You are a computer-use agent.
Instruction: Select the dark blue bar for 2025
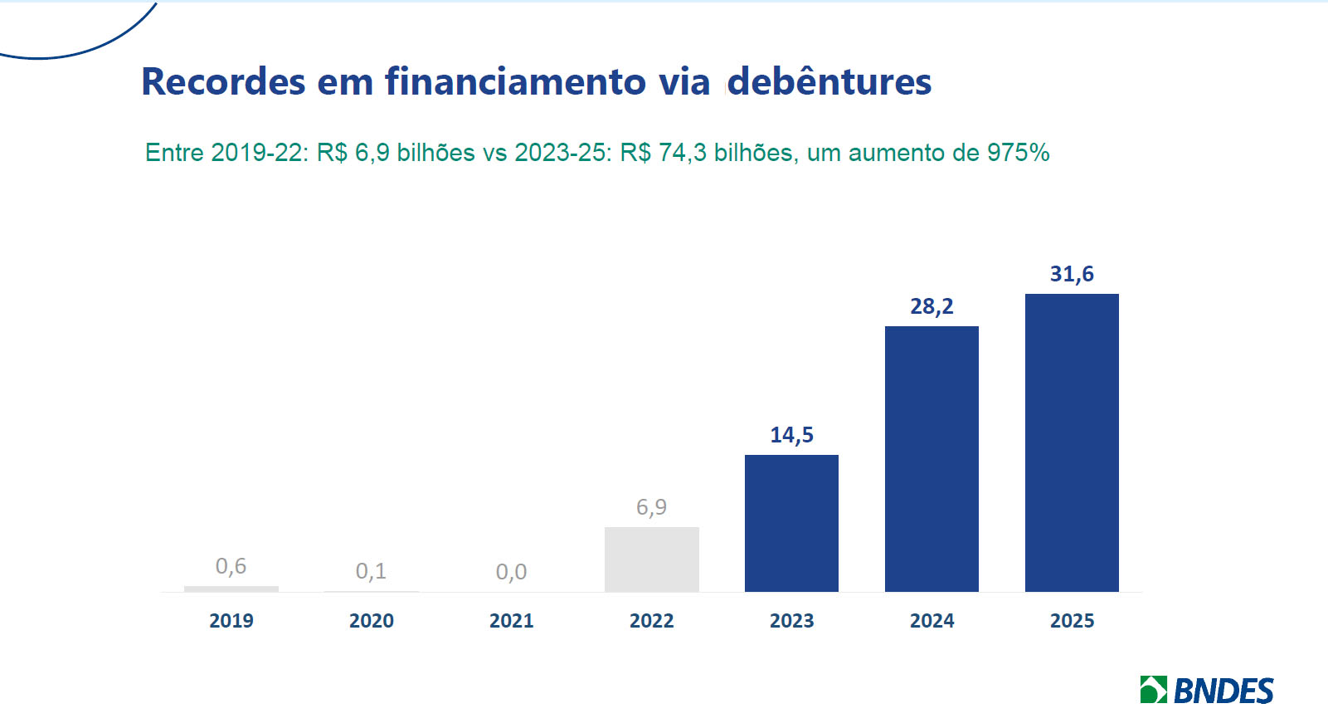[x=1072, y=442]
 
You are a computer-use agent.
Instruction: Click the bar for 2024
[x=932, y=458]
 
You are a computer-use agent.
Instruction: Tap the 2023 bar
[x=791, y=523]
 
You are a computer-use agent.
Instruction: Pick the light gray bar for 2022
[x=651, y=559]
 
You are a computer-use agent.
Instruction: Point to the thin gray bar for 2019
[x=231, y=589]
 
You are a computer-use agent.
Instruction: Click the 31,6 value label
[x=1072, y=274]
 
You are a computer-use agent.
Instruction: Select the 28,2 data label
[x=932, y=306]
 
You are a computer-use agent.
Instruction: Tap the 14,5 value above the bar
[x=791, y=435]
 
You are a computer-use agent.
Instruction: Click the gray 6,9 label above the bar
[x=651, y=507]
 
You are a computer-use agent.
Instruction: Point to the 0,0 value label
[x=511, y=572]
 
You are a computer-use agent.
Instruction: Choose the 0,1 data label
[x=371, y=571]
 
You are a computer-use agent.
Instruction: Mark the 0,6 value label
[x=231, y=566]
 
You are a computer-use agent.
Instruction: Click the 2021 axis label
[x=511, y=621]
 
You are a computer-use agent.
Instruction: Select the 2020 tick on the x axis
[x=371, y=621]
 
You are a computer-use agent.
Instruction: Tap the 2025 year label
[x=1072, y=621]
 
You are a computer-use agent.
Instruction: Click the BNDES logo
[x=1207, y=691]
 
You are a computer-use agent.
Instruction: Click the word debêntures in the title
[x=829, y=82]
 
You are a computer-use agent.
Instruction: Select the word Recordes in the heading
[x=223, y=82]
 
